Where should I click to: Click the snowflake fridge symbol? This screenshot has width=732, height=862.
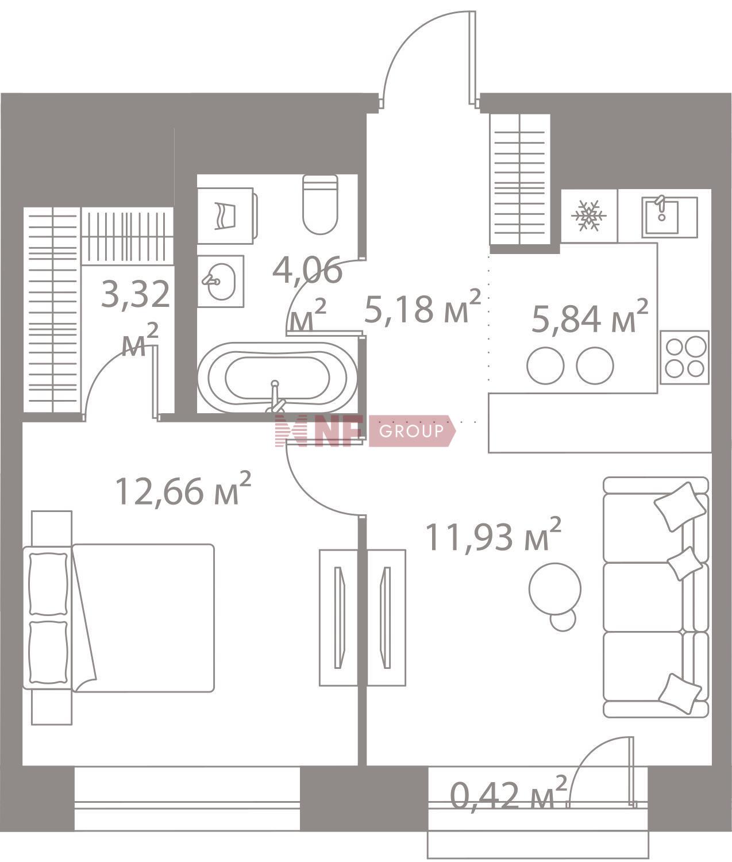pyautogui.click(x=588, y=215)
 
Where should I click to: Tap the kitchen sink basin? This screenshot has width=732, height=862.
pyautogui.click(x=661, y=217)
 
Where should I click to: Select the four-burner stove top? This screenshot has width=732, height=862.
pyautogui.click(x=684, y=357)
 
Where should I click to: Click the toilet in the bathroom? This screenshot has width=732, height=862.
pyautogui.click(x=319, y=204)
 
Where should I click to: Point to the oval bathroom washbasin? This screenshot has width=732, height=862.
pyautogui.click(x=221, y=281)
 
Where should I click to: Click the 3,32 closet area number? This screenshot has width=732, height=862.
pyautogui.click(x=136, y=294)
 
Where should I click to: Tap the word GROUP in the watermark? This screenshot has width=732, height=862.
pyautogui.click(x=411, y=431)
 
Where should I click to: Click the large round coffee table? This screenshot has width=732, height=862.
pyautogui.click(x=555, y=589)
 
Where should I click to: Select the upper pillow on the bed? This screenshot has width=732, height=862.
pyautogui.click(x=48, y=583)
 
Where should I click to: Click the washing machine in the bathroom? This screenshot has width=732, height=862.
pyautogui.click(x=227, y=215)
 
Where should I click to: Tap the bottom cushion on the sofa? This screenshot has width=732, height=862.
pyautogui.click(x=680, y=693)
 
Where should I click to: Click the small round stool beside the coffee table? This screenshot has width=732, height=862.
pyautogui.click(x=563, y=621)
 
